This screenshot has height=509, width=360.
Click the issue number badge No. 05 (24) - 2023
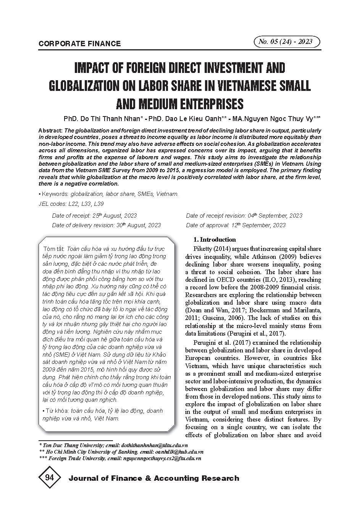click(286, 42)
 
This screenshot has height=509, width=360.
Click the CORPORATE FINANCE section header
click(79, 44)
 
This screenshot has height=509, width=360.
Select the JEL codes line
click(71, 204)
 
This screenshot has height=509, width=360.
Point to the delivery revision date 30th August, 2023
click(138, 225)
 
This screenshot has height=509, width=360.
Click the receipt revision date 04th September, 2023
click(275, 216)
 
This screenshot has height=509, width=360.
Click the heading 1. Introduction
click(215, 239)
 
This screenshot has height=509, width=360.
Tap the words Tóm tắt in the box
click(54, 249)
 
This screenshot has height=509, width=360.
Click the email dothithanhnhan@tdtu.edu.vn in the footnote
click(154, 445)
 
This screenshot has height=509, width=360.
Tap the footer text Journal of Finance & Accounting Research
click(153, 478)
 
